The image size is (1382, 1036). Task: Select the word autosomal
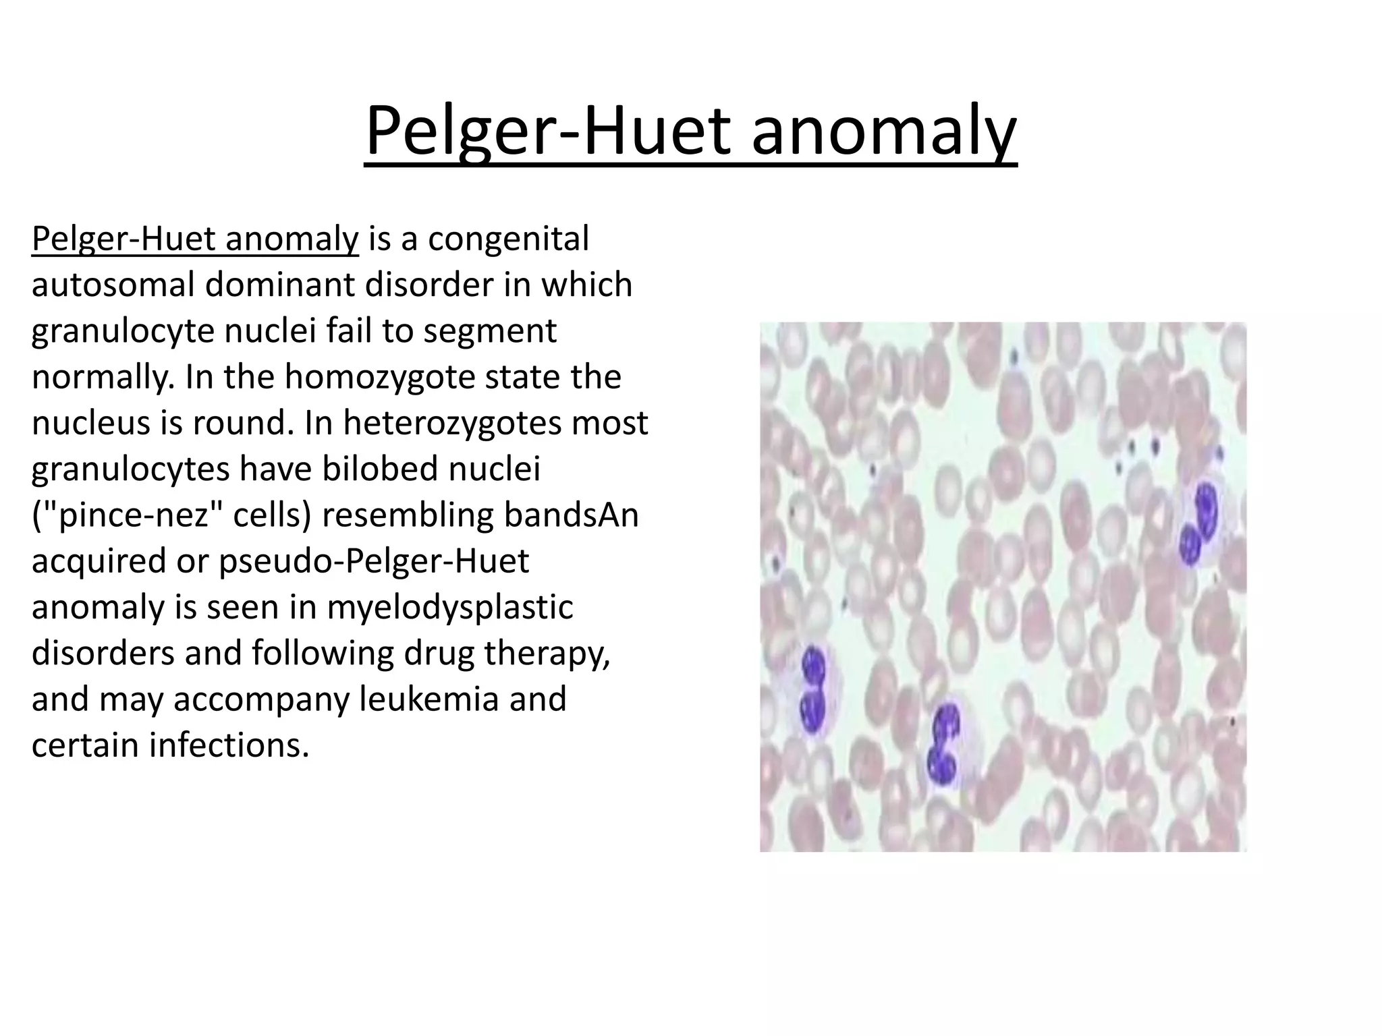click(113, 285)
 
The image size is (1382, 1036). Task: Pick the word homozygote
click(380, 377)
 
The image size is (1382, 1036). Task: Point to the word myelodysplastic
click(450, 607)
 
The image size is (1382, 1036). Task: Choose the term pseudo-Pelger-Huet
click(374, 561)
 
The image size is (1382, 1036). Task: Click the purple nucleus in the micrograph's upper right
click(1197, 523)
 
